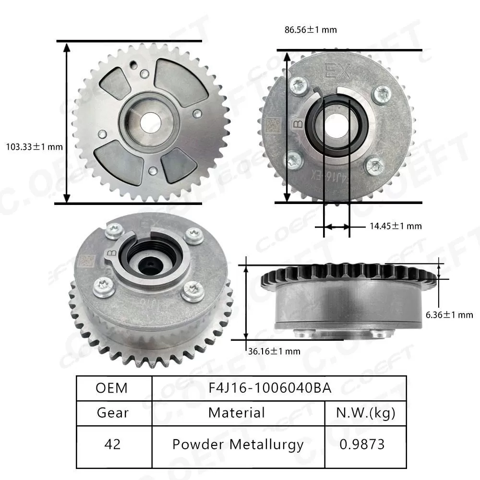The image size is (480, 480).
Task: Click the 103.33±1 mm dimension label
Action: [x=34, y=146]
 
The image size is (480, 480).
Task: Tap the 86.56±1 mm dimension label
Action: [x=311, y=30]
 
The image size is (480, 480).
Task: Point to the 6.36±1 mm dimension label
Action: [x=449, y=315]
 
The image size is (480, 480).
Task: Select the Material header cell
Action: [x=237, y=412]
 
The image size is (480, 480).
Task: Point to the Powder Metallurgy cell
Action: [x=238, y=444]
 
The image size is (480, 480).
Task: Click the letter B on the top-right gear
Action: [x=298, y=125]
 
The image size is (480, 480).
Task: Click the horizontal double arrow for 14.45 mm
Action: [x=336, y=226]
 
